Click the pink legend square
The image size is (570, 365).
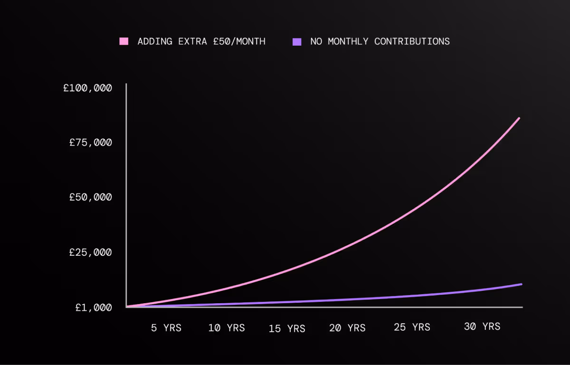124,41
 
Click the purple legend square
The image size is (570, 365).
297,41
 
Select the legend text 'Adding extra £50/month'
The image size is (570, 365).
201,41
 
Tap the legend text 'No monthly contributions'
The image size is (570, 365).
380,41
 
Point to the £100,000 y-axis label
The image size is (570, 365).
88,88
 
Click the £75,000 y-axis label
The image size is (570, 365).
91,142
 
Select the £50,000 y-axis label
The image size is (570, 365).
91,197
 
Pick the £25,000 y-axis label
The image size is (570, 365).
91,252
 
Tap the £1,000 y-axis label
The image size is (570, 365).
94,307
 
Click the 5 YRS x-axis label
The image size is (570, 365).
166,328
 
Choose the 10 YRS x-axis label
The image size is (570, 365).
227,328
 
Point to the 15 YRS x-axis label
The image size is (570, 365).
287,328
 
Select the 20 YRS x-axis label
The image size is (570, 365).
347,328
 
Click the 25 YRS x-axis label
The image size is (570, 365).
412,327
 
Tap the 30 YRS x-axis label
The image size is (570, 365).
482,327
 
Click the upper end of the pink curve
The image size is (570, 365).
519,118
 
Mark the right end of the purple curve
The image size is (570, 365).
521,284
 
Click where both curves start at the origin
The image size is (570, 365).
127,307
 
